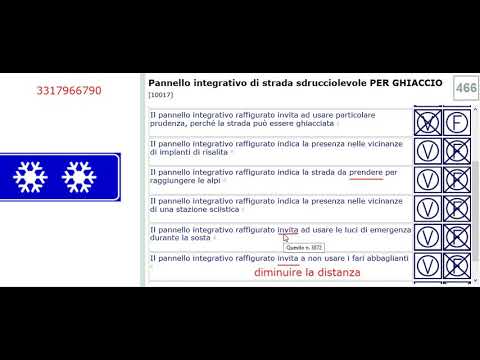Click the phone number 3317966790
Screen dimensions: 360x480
click(62, 91)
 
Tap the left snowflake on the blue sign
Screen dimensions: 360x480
click(31, 176)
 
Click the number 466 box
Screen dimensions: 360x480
click(465, 88)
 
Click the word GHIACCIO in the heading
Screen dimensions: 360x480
click(408, 83)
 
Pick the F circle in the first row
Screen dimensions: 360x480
click(458, 122)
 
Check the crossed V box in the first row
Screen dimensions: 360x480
click(428, 122)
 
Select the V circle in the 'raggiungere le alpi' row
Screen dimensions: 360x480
click(428, 180)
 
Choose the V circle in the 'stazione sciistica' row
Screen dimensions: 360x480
click(428, 208)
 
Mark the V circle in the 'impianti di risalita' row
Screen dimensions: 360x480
click(428, 151)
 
